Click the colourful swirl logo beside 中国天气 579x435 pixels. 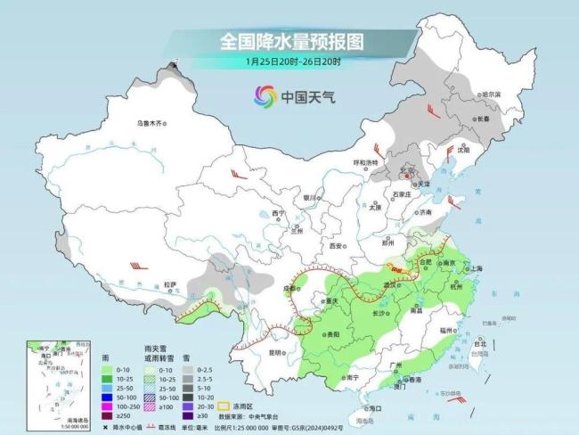tap(265, 95)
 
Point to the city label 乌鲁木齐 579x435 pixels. tap(151, 123)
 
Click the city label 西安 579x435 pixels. tap(335, 245)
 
